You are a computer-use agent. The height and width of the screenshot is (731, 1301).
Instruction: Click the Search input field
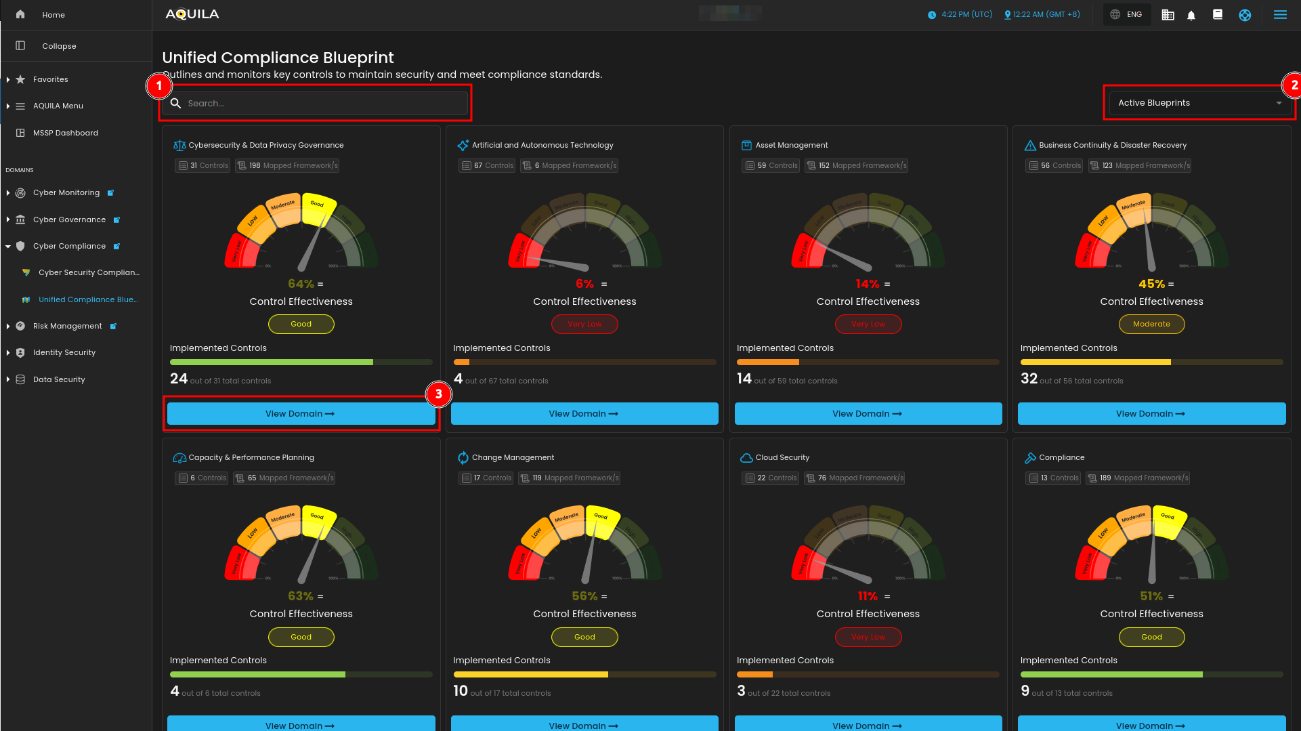click(x=318, y=104)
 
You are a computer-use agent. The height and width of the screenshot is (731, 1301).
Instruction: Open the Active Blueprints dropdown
click(x=1199, y=103)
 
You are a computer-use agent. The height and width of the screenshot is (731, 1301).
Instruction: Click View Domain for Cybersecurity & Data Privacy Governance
click(x=301, y=414)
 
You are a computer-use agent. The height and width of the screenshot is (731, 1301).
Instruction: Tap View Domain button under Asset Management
click(x=868, y=414)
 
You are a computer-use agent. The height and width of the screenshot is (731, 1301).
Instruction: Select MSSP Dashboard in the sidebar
click(x=65, y=133)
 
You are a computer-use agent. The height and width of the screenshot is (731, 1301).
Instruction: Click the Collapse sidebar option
click(x=59, y=46)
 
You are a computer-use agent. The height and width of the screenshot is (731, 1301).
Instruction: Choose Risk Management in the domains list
click(x=67, y=326)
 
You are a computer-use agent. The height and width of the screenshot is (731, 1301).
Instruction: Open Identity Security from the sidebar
click(x=64, y=352)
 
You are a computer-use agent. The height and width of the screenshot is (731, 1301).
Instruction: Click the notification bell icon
click(x=1191, y=15)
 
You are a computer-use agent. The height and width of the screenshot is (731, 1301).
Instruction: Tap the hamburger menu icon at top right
click(x=1280, y=15)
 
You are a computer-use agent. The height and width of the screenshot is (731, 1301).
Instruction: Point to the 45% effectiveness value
click(x=1151, y=284)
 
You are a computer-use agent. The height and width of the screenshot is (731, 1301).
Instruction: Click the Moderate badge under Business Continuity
click(x=1151, y=325)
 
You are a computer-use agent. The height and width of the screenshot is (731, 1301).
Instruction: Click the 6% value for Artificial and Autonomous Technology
click(x=584, y=284)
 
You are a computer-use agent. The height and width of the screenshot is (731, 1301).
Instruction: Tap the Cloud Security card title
click(x=782, y=458)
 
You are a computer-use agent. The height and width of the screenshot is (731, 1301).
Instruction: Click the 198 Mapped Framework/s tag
click(x=287, y=166)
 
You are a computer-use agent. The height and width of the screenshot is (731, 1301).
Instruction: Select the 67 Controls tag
click(x=488, y=166)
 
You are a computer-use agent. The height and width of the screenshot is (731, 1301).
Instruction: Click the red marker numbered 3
click(x=439, y=394)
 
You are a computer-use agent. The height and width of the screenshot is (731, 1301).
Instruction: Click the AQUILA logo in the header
click(x=192, y=14)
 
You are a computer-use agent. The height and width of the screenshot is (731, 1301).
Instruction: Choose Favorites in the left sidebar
click(x=50, y=79)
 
